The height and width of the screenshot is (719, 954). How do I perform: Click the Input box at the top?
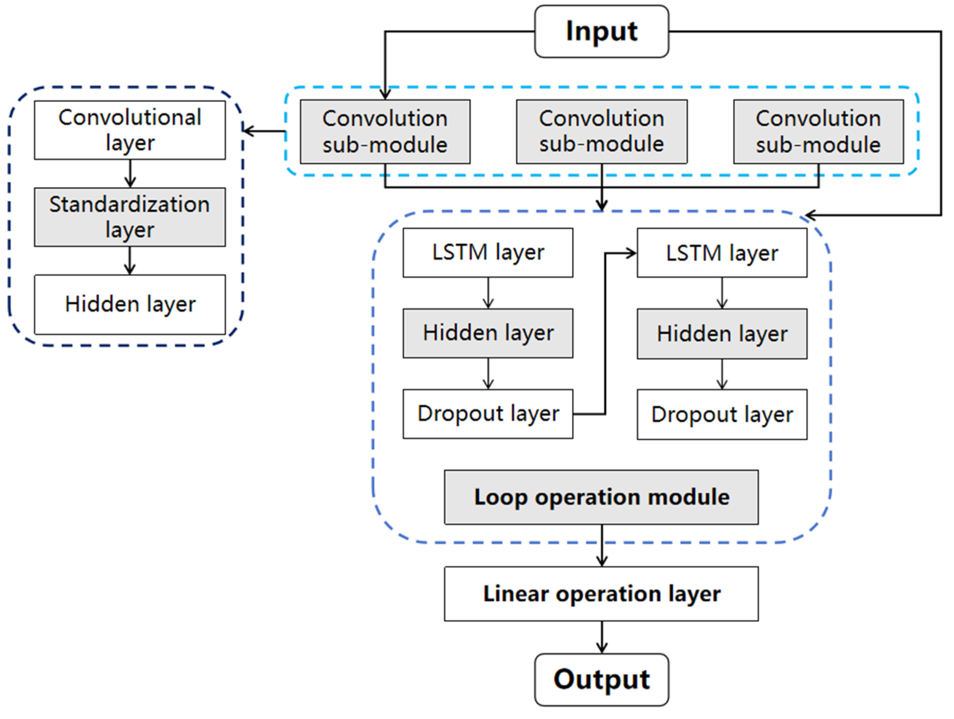601,31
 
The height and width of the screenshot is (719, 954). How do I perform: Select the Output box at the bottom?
601,680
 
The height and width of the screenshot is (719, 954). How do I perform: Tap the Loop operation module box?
601,497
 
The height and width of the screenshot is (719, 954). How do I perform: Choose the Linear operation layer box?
601,594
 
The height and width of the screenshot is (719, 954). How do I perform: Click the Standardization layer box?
130,217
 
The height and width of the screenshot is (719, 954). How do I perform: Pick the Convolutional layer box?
130,130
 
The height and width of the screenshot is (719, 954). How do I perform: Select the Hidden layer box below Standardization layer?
130,304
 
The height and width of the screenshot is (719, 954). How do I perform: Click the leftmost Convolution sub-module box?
385,132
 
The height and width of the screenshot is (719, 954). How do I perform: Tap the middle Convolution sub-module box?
602,132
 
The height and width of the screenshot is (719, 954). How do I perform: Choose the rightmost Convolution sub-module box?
818,132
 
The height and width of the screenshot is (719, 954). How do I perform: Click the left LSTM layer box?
488,252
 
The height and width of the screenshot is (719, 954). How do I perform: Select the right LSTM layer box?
722,252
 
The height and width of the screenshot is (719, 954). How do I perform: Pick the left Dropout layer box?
488,414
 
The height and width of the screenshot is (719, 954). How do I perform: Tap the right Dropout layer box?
722,414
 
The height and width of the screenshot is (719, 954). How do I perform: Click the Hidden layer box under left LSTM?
488,333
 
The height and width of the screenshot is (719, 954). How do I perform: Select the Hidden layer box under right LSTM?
722,333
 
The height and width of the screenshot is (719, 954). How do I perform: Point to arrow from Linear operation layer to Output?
602,637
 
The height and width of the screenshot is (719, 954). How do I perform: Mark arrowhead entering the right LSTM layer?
631,253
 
